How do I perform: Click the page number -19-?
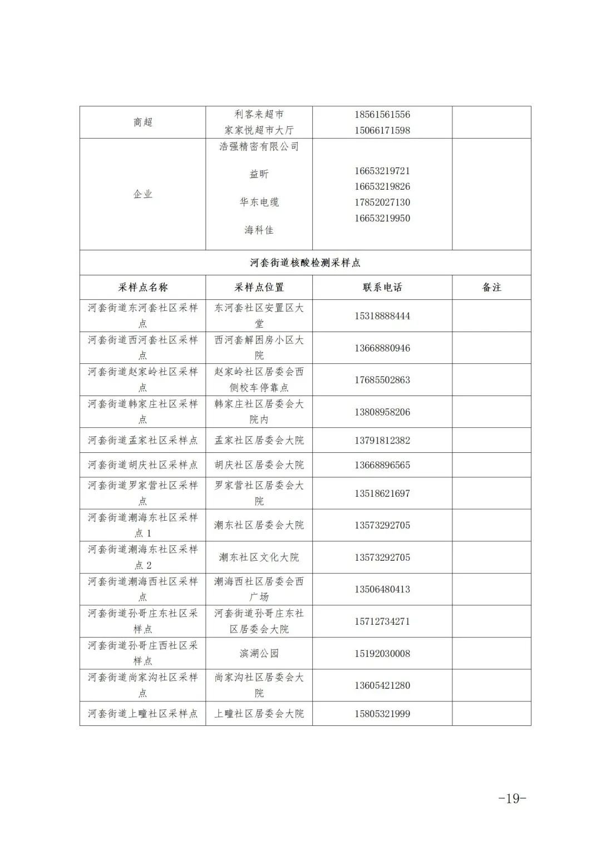[x=512, y=798]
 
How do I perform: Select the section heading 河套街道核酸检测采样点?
[x=305, y=263]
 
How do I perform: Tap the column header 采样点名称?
[x=142, y=288]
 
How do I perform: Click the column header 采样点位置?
[x=259, y=288]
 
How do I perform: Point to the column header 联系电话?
[x=382, y=288]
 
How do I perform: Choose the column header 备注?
[x=491, y=288]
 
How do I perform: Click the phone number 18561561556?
[x=382, y=115]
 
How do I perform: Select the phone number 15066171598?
[x=382, y=131]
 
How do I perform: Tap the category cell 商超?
[x=142, y=122]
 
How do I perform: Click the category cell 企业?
[x=142, y=194]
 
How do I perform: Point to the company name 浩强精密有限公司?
[x=259, y=146]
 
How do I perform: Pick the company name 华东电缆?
[x=259, y=202]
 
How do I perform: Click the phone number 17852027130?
[x=382, y=202]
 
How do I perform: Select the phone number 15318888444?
[x=382, y=316]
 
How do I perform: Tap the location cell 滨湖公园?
[x=259, y=654]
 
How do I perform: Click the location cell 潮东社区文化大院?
[x=259, y=557]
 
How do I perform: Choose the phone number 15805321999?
[x=382, y=714]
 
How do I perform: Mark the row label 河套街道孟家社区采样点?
[x=142, y=441]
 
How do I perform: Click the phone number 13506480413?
[x=382, y=589]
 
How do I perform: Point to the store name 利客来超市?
[x=259, y=115]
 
